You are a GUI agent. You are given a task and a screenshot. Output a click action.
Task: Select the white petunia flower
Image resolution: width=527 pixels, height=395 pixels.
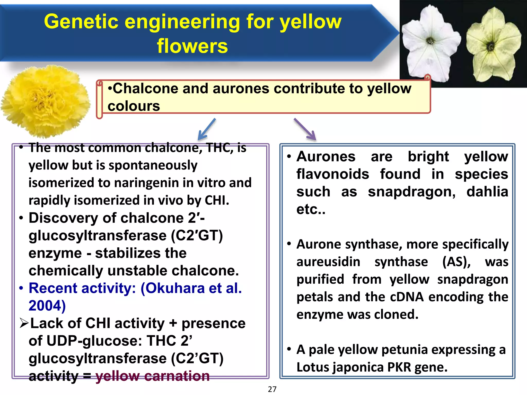(430, 44)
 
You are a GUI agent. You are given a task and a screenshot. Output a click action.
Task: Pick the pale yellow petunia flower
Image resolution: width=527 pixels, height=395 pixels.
(493, 45)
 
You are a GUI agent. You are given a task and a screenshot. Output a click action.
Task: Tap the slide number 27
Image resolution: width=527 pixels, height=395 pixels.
(272, 389)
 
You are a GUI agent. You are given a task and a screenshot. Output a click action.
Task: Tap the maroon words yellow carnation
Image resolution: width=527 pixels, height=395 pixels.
(153, 376)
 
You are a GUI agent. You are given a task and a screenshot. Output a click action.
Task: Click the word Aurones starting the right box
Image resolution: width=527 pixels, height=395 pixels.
(326, 157)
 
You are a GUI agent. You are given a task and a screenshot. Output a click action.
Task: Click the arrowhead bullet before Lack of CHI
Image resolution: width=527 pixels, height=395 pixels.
(24, 323)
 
